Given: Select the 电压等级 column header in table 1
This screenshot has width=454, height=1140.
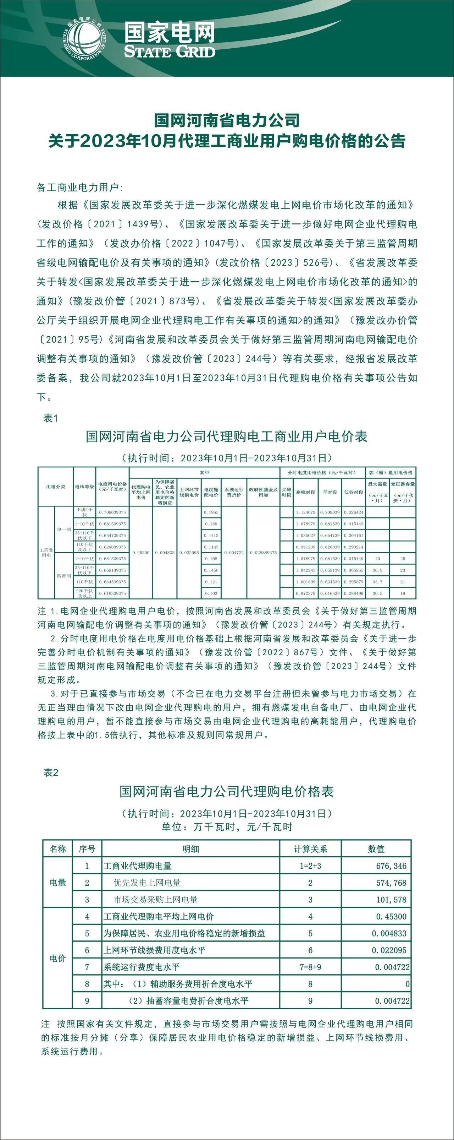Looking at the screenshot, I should coord(84,486).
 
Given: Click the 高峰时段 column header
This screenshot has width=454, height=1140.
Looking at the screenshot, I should coord(305,492).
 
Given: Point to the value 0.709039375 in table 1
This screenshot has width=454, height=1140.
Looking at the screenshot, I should coord(112,512).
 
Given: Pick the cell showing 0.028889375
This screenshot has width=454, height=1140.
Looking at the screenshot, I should coord(263,553).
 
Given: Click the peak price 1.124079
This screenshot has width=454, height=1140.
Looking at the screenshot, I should coord(305,512).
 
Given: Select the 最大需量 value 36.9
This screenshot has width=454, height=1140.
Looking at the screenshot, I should coord(377,570).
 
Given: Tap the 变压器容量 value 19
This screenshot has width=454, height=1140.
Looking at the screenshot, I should coord(402,593).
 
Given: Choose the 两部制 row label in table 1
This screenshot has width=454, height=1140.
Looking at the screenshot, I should coord(63,576).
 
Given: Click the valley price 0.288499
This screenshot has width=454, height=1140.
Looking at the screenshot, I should coord(354,593).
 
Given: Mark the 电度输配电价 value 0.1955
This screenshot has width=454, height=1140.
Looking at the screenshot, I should coord(211,512).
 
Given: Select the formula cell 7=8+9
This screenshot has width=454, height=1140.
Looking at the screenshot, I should coord(310,967).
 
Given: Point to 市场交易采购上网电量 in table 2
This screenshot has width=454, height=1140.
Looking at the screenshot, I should coord(156,900).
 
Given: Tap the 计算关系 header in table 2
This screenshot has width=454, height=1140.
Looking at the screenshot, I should coord(310,849).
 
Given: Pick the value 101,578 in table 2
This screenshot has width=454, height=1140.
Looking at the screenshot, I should coord(391,900).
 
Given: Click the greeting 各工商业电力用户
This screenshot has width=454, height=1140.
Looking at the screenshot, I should coord(79,187).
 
